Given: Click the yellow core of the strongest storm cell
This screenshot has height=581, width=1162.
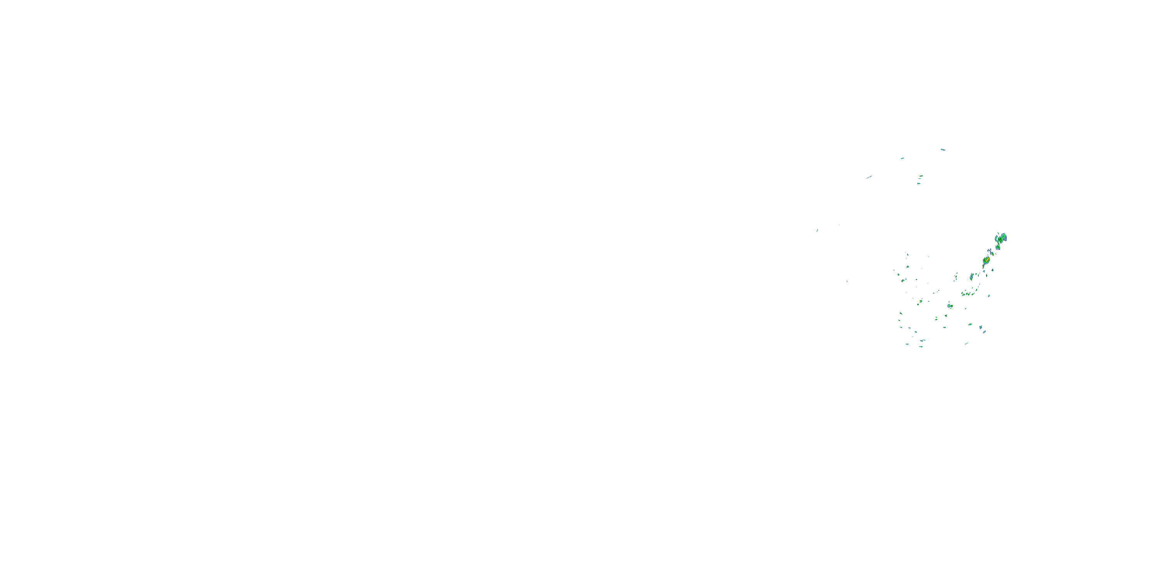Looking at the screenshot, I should click(x=987, y=260).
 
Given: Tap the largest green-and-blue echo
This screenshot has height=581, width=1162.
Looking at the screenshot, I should click(x=1002, y=237).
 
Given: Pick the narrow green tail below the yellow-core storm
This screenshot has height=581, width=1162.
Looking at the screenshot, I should click(x=983, y=266).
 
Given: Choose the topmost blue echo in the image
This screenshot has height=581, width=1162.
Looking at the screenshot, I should click(x=942, y=149).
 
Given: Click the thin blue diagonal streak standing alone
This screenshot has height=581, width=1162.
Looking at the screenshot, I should click(x=869, y=177).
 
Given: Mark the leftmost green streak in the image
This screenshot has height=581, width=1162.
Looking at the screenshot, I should click(x=817, y=230).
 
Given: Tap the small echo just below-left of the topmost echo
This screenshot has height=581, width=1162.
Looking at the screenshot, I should click(x=902, y=158).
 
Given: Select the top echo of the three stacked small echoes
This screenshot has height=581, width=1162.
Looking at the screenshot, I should click(x=921, y=176).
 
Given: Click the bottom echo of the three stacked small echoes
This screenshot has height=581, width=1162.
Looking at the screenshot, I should click(x=918, y=184).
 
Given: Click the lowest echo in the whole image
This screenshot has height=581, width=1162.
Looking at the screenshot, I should click(x=921, y=346).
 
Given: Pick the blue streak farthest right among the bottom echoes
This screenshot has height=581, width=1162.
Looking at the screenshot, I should click(x=984, y=332).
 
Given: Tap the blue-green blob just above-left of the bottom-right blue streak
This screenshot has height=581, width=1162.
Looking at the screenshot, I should click(x=980, y=327).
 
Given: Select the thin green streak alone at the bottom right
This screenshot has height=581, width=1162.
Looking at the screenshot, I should click(x=966, y=344).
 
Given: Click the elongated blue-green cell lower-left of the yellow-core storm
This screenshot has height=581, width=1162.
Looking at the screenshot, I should click(x=972, y=277).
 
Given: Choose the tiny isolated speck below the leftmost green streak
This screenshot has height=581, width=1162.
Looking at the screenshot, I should click(x=847, y=282).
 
